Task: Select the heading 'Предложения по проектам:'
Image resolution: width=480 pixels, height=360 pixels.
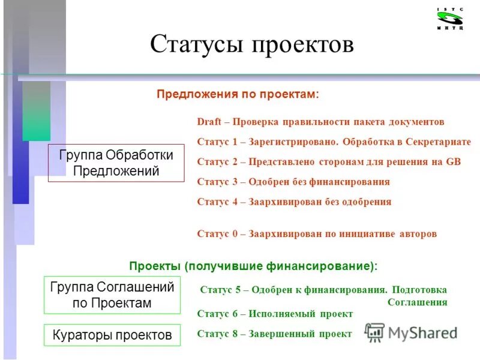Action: tap(238, 94)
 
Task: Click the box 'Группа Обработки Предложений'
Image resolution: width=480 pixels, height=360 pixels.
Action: tap(116, 163)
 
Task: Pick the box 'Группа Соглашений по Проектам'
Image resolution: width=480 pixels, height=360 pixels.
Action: tap(112, 295)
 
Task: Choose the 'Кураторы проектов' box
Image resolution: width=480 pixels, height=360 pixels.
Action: tap(112, 334)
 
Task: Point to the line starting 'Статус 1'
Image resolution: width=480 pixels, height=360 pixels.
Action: tap(334, 142)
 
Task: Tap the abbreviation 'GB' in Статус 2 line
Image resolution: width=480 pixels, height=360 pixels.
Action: tap(453, 162)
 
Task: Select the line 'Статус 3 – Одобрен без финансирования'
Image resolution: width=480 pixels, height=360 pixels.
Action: tap(293, 182)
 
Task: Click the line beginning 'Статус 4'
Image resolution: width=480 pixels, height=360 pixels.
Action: tap(294, 202)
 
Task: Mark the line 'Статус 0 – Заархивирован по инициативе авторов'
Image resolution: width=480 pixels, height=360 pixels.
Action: tap(317, 233)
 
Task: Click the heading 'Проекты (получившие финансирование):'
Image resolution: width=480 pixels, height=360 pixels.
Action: tap(254, 266)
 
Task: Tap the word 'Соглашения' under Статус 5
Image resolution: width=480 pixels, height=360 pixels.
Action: tap(417, 302)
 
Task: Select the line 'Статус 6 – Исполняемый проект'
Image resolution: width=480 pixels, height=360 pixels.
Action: tap(275, 314)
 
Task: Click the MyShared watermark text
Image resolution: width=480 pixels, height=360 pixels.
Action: tap(422, 333)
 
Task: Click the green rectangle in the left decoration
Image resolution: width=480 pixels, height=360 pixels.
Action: tap(36, 111)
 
